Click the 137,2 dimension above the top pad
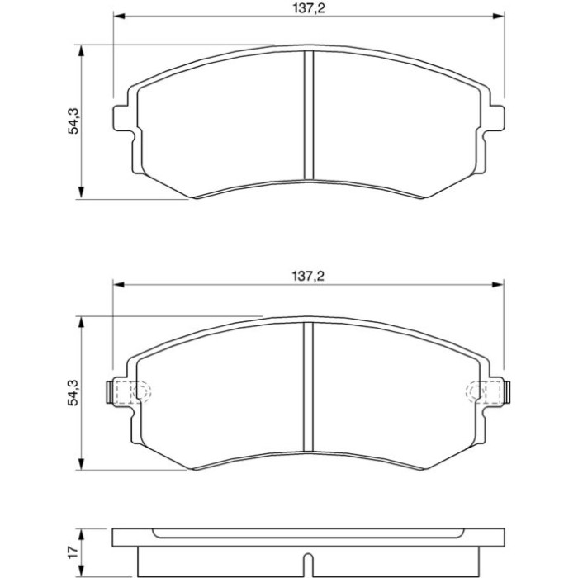coord(309,8)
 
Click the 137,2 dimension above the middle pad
coord(308,276)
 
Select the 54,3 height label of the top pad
coord(73,121)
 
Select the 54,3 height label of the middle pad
coord(73,392)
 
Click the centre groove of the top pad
coord(309,116)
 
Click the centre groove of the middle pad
coord(308,386)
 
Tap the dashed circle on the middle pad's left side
coord(142,392)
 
